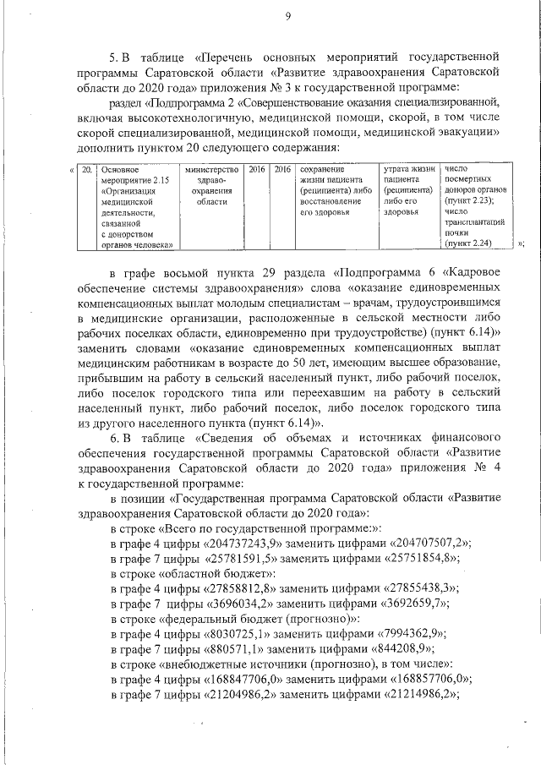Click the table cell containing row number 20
tap(87, 169)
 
